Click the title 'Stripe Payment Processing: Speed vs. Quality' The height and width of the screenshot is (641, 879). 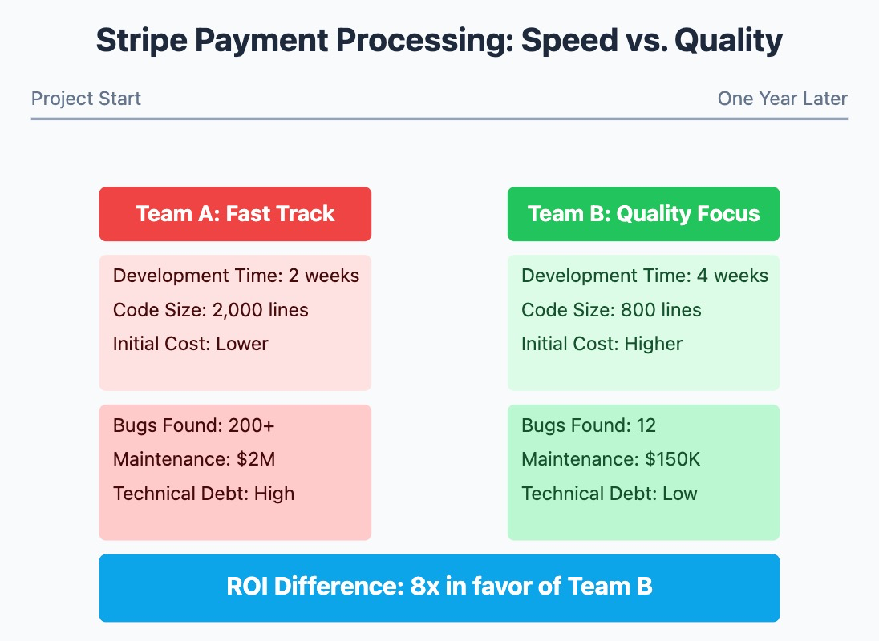tap(439, 41)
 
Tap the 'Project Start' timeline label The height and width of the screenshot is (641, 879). tap(86, 99)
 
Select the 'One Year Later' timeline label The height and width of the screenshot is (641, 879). tap(782, 99)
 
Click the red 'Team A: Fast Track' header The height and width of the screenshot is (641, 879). tap(235, 214)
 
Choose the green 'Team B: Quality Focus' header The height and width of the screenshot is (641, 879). tap(643, 214)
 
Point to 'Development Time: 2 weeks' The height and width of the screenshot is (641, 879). tap(236, 276)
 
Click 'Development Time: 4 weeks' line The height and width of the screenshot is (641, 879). tap(644, 276)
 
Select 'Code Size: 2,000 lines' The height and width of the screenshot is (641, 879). tap(210, 310)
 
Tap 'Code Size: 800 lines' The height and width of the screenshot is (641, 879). tap(611, 310)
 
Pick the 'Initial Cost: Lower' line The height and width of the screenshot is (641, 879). tap(190, 344)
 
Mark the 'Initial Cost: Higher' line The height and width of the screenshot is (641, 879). tap(602, 344)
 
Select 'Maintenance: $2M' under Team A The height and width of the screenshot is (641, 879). tap(194, 459)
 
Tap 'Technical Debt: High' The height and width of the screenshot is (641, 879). tap(204, 494)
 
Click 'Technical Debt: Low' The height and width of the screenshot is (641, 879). tap(609, 494)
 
